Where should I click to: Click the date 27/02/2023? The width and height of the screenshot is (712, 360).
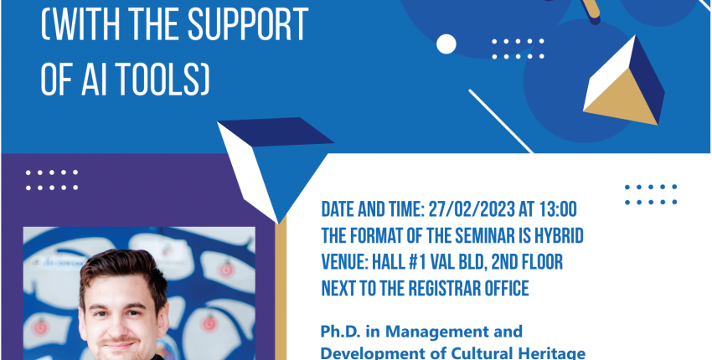pyautogui.click(x=472, y=210)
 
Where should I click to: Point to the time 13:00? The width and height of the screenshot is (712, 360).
pyautogui.click(x=558, y=210)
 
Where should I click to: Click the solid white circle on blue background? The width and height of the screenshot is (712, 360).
pyautogui.click(x=446, y=44)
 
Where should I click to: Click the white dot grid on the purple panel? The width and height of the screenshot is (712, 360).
pyautogui.click(x=52, y=180)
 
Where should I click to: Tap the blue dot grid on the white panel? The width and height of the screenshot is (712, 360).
pyautogui.click(x=651, y=194)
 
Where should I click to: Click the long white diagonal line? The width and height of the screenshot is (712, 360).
pyautogui.click(x=501, y=121)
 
